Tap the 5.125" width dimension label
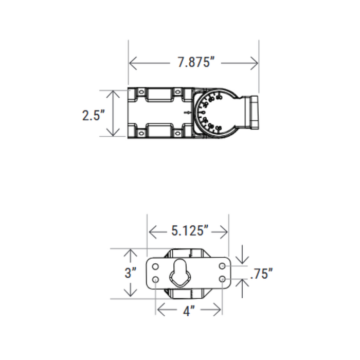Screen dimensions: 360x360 coord(189,231)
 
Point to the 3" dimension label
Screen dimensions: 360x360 coord(130,273)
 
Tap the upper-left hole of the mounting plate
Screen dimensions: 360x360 coord(155,266)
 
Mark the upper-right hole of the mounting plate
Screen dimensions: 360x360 coord(222,266)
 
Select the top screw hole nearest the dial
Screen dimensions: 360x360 coord(177,92)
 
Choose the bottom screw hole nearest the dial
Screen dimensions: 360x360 coord(177,134)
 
